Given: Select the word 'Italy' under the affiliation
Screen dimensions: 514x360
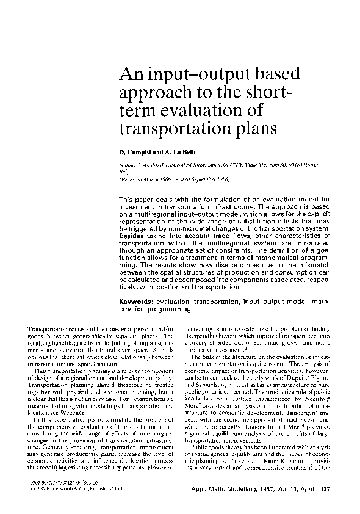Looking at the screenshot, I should (x=124, y=172).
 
